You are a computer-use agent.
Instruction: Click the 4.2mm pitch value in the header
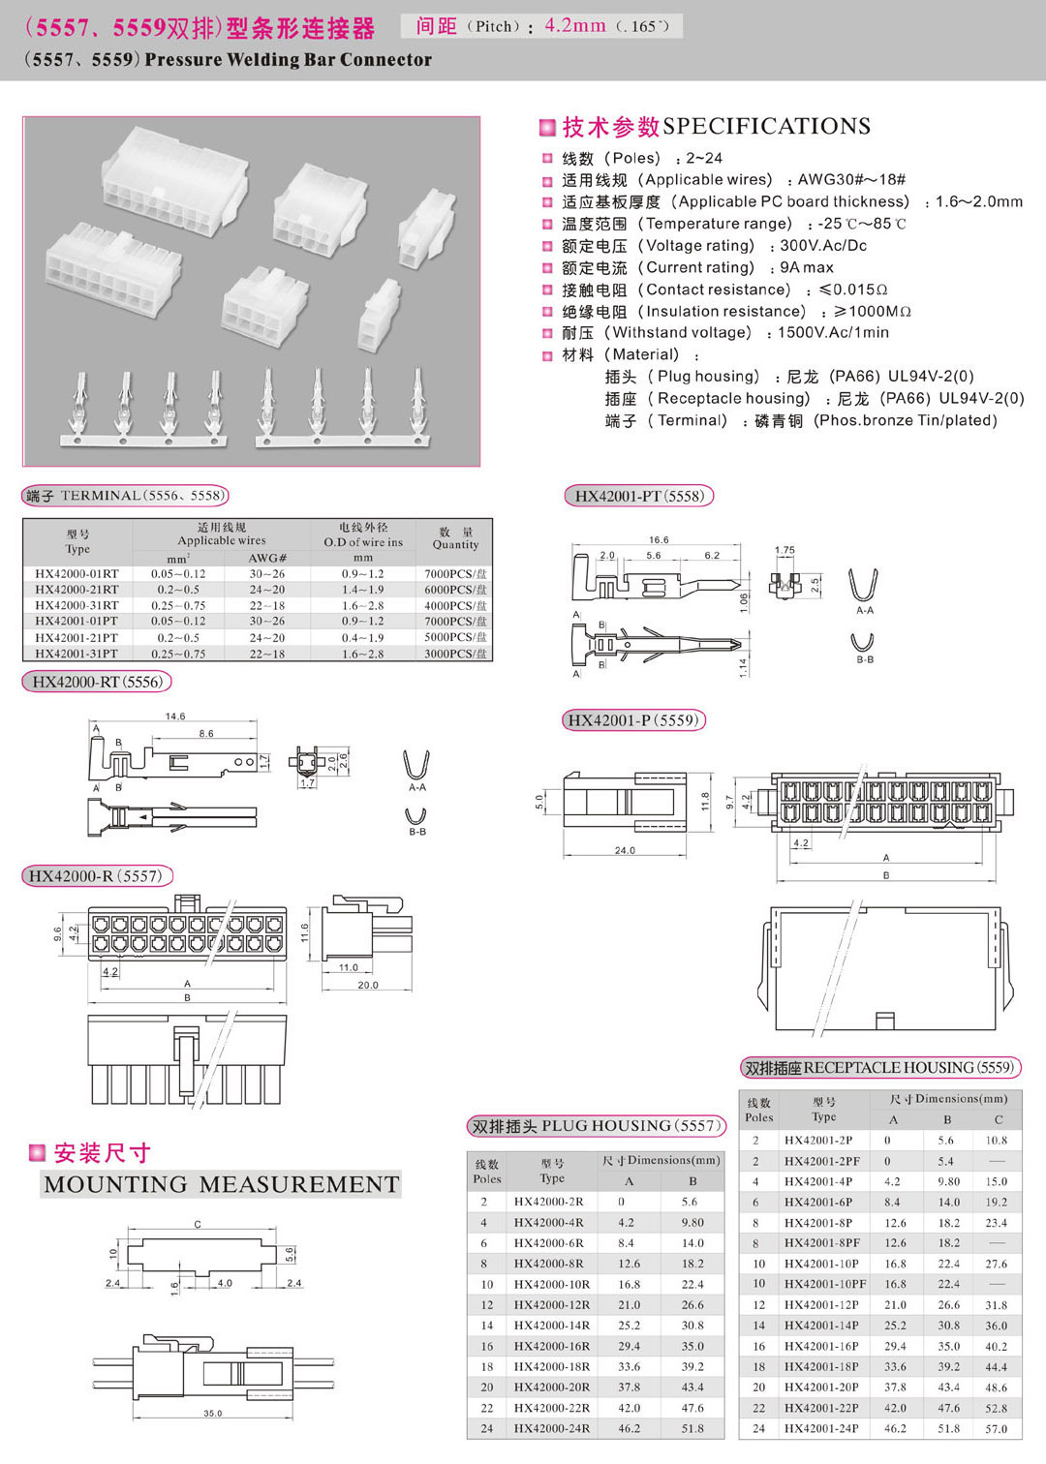point(575,26)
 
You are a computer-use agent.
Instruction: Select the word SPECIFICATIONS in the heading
point(766,127)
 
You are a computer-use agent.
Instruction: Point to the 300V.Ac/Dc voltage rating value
point(823,246)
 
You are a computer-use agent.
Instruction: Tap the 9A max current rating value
point(807,267)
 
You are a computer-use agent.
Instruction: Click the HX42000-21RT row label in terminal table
point(77,590)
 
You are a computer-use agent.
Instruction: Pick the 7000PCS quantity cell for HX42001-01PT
point(455,622)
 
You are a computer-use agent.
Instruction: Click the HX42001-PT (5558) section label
point(638,497)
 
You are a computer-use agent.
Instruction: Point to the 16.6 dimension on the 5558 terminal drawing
point(659,540)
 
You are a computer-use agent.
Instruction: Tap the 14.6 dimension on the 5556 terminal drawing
point(174,717)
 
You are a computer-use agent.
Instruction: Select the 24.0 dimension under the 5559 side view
point(625,851)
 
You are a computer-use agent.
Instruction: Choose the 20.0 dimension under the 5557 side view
point(368,986)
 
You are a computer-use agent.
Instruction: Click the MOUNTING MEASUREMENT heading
point(221,1184)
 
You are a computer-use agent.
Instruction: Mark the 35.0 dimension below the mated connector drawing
point(212,1414)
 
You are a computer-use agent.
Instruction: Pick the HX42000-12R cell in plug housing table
point(551,1305)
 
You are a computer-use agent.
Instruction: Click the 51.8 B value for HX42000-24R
point(692,1428)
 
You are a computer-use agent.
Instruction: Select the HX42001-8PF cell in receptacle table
point(821,1243)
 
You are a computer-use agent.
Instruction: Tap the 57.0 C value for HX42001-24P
point(996,1429)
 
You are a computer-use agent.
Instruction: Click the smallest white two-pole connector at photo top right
point(426,225)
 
